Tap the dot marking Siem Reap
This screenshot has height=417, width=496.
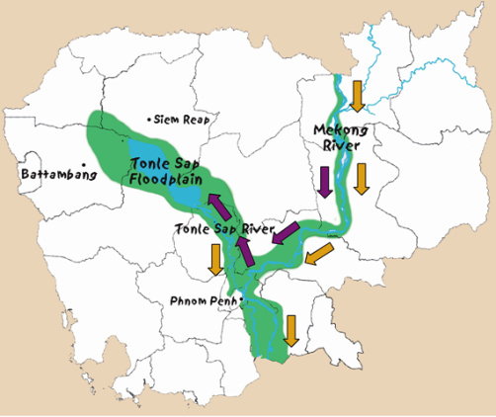[149, 120]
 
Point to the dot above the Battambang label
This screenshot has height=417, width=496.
[86, 163]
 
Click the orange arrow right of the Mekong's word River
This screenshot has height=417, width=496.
[363, 178]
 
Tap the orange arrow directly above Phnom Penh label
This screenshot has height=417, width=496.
[214, 259]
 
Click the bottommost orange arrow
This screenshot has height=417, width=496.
[290, 330]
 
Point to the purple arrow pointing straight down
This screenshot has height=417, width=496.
[324, 182]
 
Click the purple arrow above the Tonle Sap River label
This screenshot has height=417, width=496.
[216, 206]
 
